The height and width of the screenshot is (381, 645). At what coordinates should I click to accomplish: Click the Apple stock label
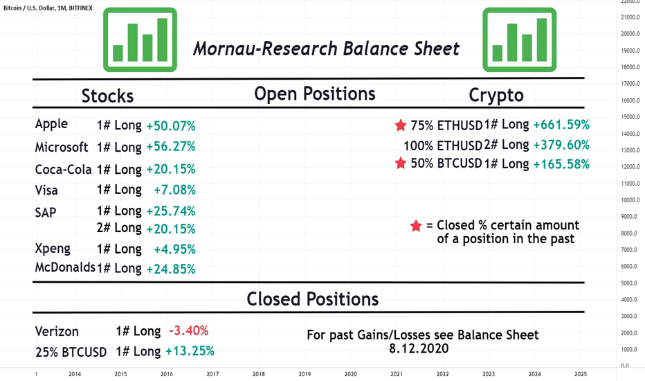point(51,125)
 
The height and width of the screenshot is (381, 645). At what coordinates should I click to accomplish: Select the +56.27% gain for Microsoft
point(171,147)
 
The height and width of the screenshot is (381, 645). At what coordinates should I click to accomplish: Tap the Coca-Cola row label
point(63,169)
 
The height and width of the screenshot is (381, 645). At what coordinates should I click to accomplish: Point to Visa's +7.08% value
point(174,190)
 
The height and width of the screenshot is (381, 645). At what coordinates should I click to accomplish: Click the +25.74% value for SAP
point(171,211)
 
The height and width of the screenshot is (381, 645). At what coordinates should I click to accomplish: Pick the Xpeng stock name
point(53,249)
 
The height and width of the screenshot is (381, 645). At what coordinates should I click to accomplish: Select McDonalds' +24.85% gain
point(171,269)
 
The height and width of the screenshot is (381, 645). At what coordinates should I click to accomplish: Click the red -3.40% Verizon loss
point(189,330)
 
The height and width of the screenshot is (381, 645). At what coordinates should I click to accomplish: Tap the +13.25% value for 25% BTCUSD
point(190,351)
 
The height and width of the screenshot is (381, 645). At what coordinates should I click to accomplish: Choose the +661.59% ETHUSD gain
point(561,125)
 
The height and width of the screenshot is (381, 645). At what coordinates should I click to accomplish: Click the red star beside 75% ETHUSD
point(400,125)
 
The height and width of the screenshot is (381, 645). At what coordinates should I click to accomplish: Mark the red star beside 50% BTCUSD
point(400,163)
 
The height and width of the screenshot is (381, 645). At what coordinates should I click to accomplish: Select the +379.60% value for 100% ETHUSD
point(561,145)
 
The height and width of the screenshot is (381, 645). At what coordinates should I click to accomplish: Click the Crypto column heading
point(496,96)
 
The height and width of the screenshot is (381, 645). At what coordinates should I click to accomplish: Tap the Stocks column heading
point(107,96)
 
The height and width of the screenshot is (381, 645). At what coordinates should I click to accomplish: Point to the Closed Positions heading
point(313,299)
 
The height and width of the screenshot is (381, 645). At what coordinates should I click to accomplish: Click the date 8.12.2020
point(419,348)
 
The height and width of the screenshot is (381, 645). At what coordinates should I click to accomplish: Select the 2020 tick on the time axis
point(350,374)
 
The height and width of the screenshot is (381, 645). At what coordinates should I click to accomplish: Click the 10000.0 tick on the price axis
point(630,200)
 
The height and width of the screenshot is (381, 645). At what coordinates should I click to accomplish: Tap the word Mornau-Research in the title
point(265,48)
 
